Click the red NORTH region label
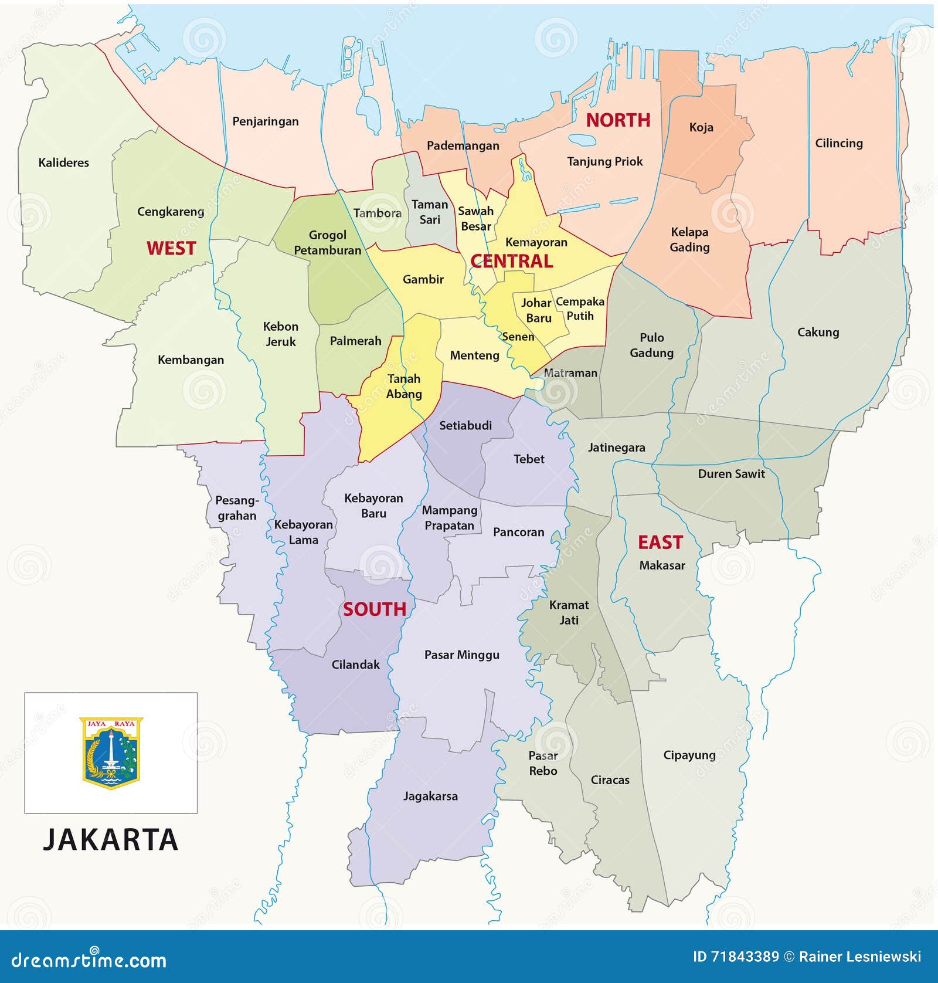coord(618,120)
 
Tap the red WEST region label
coord(171,248)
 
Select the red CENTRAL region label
coord(511,261)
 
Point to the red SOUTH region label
coord(374,609)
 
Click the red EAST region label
coord(660,542)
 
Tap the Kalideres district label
coord(63,162)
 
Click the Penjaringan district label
coord(265,121)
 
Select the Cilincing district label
coord(838,143)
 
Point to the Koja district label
coord(701,127)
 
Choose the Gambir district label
coord(423,279)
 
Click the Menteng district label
coord(474,355)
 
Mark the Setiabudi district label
coord(465,425)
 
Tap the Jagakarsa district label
coord(430,796)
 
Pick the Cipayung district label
coord(689,755)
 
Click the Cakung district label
coord(817,332)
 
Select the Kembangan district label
coord(191,360)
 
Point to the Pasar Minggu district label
coord(461,655)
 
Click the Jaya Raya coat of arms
coord(111,752)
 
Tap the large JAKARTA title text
coord(110,839)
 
